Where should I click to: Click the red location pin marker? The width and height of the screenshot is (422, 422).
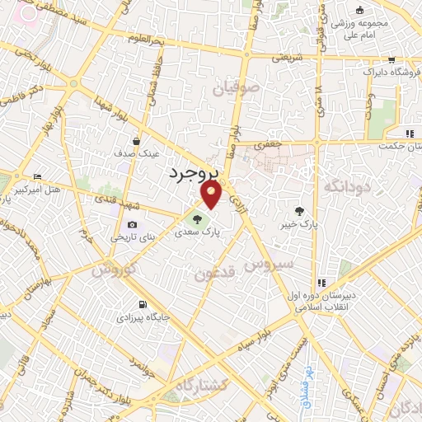pos(213,195)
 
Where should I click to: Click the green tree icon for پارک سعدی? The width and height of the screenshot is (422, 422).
pos(197,219)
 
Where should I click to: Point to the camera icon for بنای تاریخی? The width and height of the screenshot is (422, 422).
pos(133,224)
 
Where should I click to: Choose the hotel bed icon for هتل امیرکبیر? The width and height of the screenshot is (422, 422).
pos(37,177)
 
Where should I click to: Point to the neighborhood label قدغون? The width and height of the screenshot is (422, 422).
pos(216,274)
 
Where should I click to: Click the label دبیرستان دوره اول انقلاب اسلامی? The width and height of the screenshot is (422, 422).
pos(321,302)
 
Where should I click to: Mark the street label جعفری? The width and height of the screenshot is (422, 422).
pos(269,143)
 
